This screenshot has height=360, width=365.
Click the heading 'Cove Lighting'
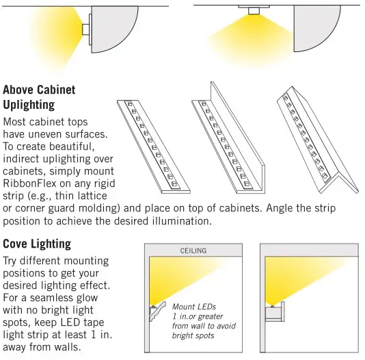tap(37, 244)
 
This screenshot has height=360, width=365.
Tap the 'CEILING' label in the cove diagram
tap(193, 251)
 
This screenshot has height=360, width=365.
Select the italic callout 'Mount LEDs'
tap(194, 307)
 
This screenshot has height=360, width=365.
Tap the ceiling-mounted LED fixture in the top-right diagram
tap(254, 10)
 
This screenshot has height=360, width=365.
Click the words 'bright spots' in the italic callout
tap(193, 335)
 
